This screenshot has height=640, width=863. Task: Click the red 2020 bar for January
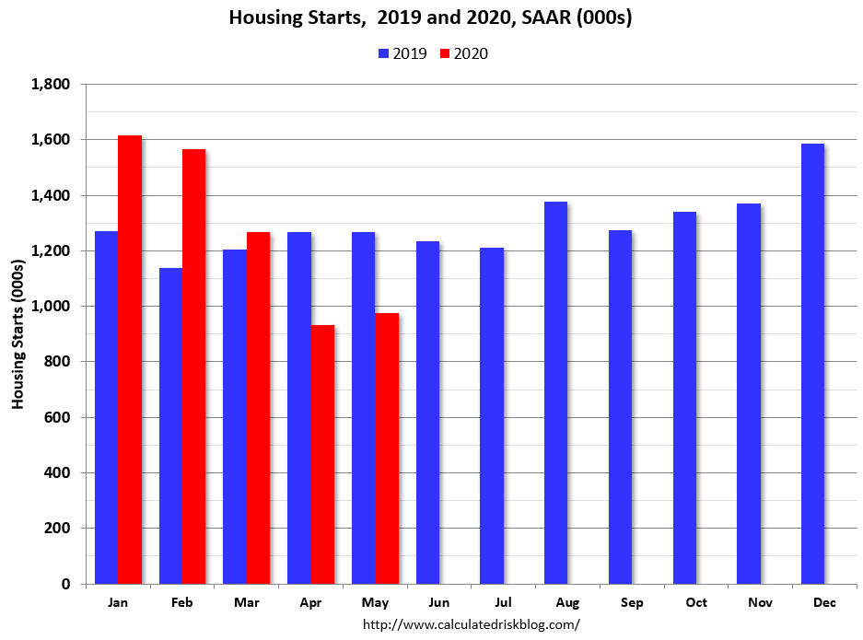(x=130, y=359)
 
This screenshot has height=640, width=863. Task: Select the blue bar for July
(x=491, y=415)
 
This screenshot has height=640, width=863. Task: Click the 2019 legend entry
(x=402, y=53)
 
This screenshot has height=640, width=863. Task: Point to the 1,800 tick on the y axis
(x=51, y=85)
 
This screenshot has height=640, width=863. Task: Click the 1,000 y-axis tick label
(x=51, y=307)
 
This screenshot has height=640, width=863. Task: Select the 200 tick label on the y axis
(x=58, y=529)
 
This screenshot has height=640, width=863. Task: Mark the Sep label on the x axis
(x=632, y=602)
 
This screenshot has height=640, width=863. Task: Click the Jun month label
(x=438, y=602)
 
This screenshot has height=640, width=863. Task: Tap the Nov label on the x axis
(x=761, y=602)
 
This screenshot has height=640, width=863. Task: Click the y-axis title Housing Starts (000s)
(x=17, y=334)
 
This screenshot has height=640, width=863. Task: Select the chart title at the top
(x=430, y=18)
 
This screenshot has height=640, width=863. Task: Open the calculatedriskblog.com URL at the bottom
(x=471, y=624)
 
